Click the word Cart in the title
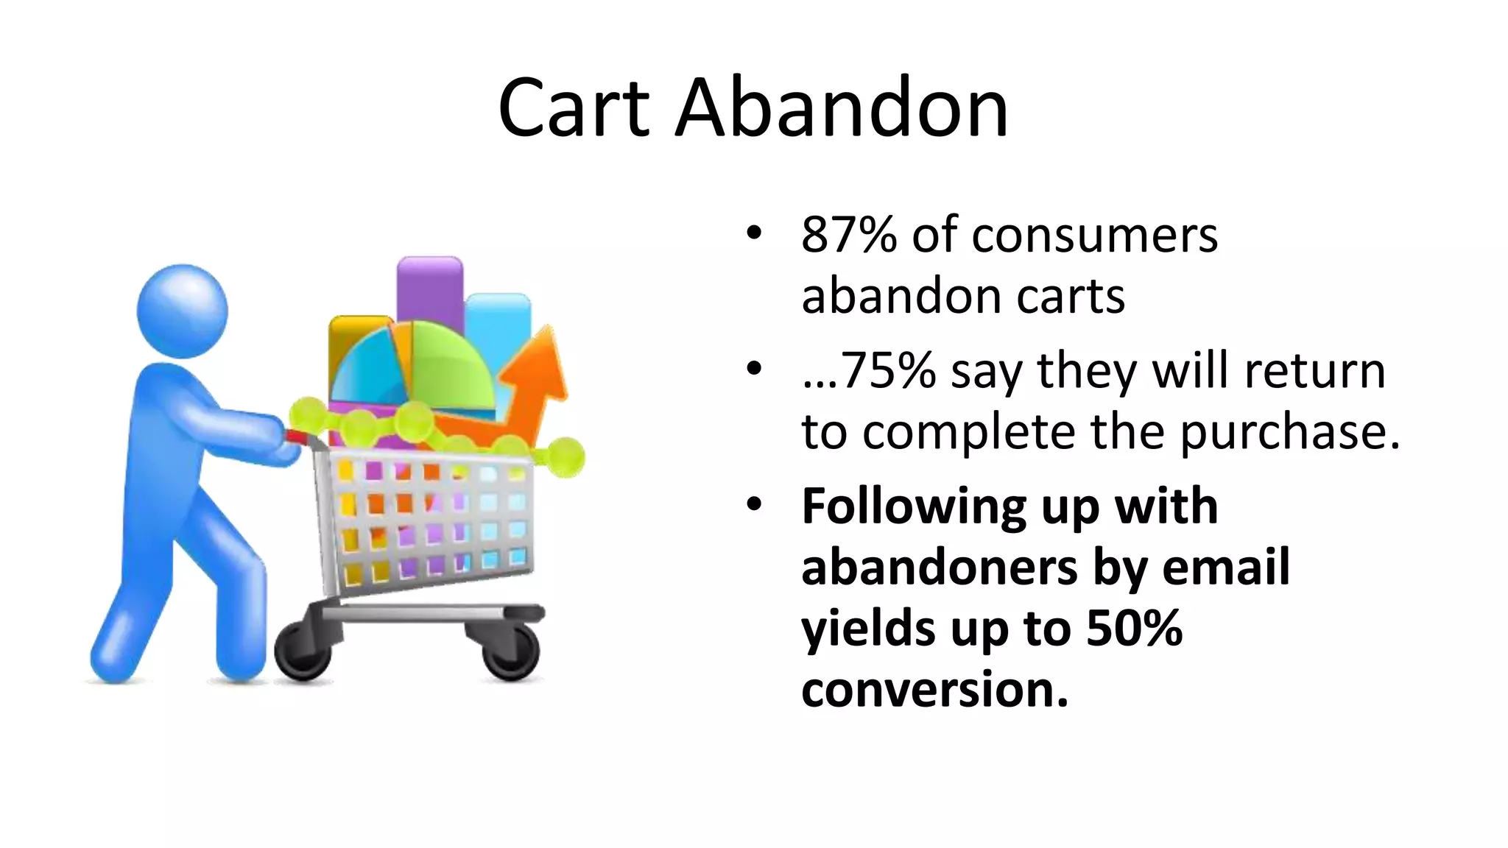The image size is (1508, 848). pos(574,109)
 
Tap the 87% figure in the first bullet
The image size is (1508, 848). pos(848,236)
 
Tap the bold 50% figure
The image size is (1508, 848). pos(1134,628)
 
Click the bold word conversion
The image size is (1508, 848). pos(934,690)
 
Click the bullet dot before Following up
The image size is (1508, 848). pos(753,505)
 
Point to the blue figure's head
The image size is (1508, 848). pos(183,311)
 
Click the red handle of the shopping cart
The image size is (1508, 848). pos(297,437)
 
